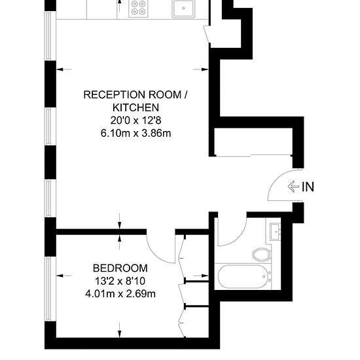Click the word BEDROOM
pyautogui.click(x=120, y=268)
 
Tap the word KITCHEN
pyautogui.click(x=135, y=107)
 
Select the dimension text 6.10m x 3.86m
pyautogui.click(x=135, y=133)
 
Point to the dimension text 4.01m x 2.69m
pyautogui.click(x=120, y=294)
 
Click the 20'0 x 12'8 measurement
pyautogui.click(x=135, y=120)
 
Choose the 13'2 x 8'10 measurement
pyautogui.click(x=120, y=281)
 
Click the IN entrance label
pyautogui.click(x=308, y=187)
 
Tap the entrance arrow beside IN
pyautogui.click(x=293, y=187)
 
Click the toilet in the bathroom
pyautogui.click(x=262, y=254)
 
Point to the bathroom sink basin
pyautogui.click(x=276, y=232)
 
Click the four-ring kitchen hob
pyautogui.click(x=138, y=8)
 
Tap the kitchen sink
pyautogui.click(x=183, y=9)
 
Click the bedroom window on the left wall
pyautogui.click(x=48, y=289)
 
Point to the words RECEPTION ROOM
pyautogui.click(x=132, y=95)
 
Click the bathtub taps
pyautogui.click(x=270, y=276)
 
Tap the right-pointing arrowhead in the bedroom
pyautogui.click(x=205, y=276)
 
